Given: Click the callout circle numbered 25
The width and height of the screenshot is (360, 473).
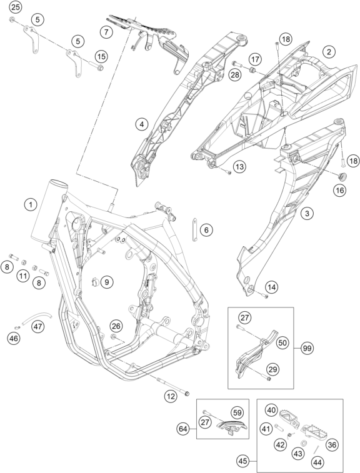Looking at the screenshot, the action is click(15, 7).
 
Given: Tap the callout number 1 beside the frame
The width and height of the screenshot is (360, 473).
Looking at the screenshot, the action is click(30, 205).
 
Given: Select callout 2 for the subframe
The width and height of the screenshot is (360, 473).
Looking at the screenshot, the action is click(329, 52).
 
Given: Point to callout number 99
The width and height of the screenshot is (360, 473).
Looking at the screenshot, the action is click(307, 349).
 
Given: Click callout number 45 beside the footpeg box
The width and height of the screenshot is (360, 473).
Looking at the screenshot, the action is click(243, 461).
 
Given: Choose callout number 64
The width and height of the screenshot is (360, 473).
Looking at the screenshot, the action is click(184, 429).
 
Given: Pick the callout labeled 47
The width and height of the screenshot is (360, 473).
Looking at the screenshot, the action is click(38, 327).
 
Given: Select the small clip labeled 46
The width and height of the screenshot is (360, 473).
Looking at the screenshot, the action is click(17, 328).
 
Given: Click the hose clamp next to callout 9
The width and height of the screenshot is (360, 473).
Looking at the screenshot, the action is click(95, 282).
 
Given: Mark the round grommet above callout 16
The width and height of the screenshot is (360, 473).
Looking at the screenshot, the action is click(341, 176).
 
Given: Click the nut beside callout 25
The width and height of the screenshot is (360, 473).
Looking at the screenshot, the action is click(12, 19).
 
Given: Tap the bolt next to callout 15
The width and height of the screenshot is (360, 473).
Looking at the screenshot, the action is click(97, 66).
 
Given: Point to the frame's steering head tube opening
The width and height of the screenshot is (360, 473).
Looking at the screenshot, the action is click(59, 183).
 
